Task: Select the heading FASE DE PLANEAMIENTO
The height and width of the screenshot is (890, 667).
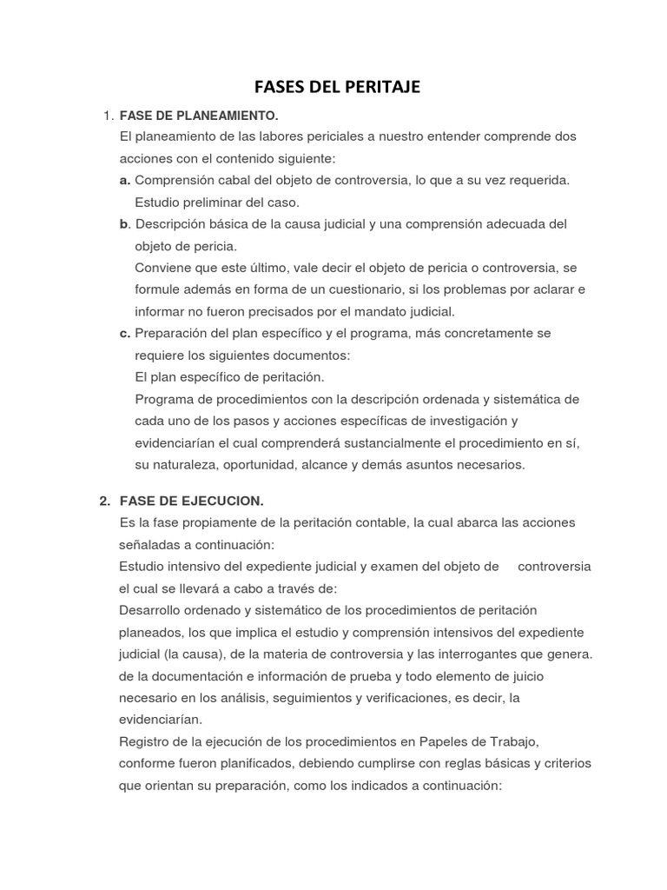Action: tap(198, 115)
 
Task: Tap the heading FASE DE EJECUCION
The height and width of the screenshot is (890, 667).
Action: tap(191, 501)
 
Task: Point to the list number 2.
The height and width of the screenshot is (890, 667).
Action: tap(103, 501)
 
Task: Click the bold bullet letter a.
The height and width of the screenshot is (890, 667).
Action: tap(125, 180)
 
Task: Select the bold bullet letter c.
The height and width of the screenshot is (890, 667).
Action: tap(125, 333)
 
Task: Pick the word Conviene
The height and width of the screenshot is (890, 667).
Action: tap(164, 268)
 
